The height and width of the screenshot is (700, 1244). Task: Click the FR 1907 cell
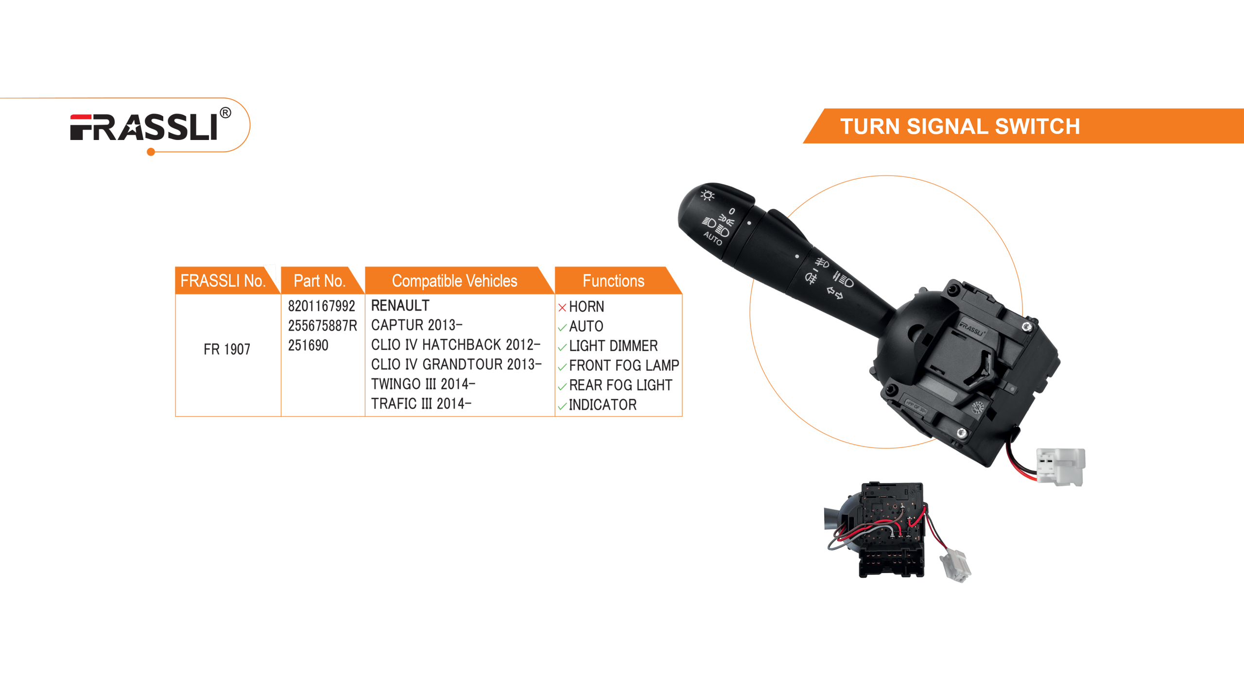(x=227, y=349)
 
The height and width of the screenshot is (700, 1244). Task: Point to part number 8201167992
(x=322, y=306)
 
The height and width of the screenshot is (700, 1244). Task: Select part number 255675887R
(x=323, y=325)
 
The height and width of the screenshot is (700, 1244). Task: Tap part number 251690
(x=308, y=345)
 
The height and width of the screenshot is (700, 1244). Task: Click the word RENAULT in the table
(x=400, y=305)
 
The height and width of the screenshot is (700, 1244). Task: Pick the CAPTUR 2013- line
(x=417, y=325)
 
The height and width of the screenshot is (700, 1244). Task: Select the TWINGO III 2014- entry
(x=423, y=384)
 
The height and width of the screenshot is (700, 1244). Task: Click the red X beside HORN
(x=562, y=307)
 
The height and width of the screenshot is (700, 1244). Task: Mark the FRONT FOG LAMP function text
(x=624, y=365)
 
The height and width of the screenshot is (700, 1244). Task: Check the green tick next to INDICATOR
(x=562, y=406)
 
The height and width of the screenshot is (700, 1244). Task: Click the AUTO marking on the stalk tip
(x=712, y=238)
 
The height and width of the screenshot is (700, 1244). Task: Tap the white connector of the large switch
(x=1060, y=467)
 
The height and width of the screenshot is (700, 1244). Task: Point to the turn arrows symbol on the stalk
(x=835, y=293)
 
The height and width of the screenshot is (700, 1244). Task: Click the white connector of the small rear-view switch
(x=956, y=565)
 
